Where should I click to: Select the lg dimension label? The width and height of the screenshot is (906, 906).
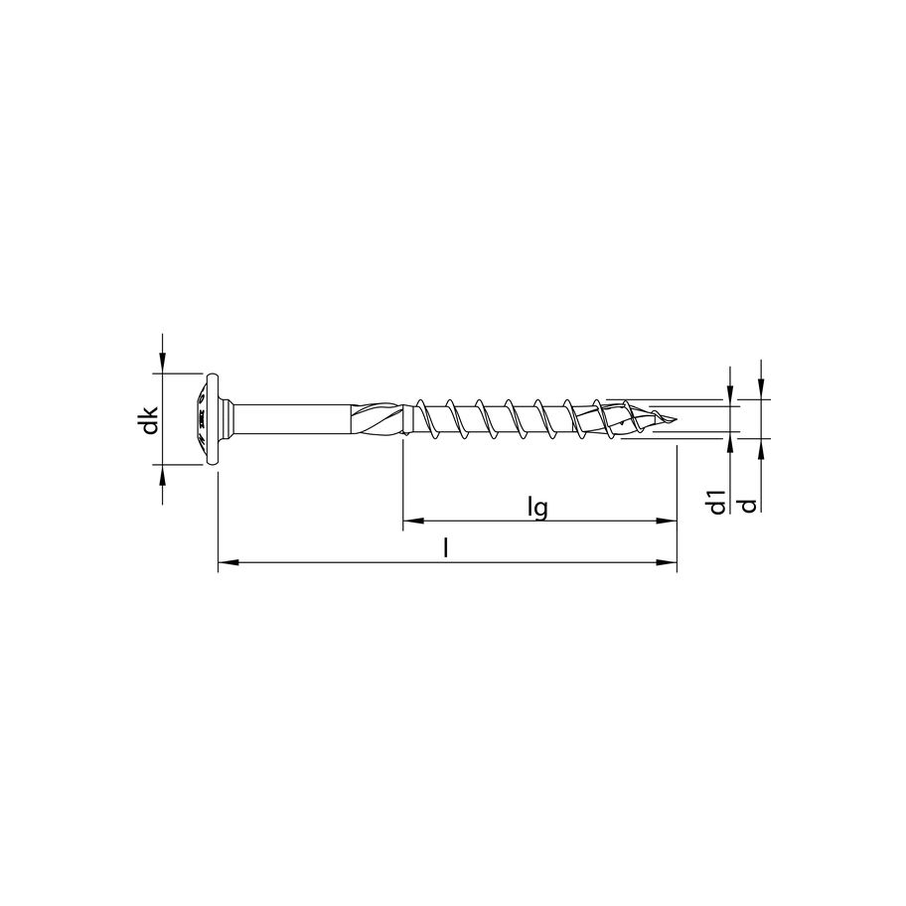(x=538, y=507)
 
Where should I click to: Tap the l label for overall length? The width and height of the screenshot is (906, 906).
(x=446, y=548)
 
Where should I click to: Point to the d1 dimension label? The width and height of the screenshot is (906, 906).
(x=717, y=503)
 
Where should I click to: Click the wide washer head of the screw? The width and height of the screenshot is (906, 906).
(x=210, y=418)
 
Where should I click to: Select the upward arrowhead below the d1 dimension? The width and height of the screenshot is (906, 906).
(x=730, y=442)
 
